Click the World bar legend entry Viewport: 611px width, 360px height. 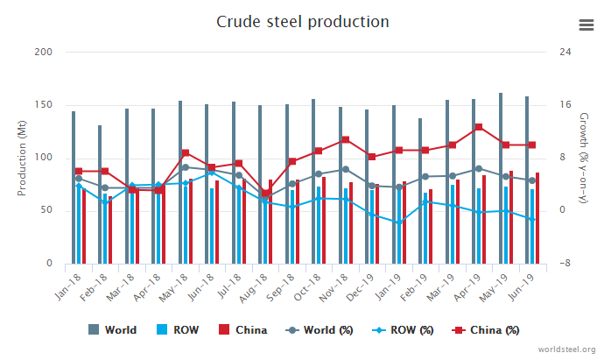click(x=113, y=330)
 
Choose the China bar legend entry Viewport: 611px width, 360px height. click(x=242, y=330)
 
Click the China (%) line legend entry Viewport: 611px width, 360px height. click(x=487, y=330)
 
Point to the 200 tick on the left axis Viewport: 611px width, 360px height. click(x=43, y=53)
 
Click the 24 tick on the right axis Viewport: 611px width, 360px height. click(x=565, y=53)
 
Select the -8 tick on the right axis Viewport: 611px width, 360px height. click(x=565, y=264)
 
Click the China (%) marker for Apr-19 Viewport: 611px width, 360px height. click(x=478, y=127)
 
